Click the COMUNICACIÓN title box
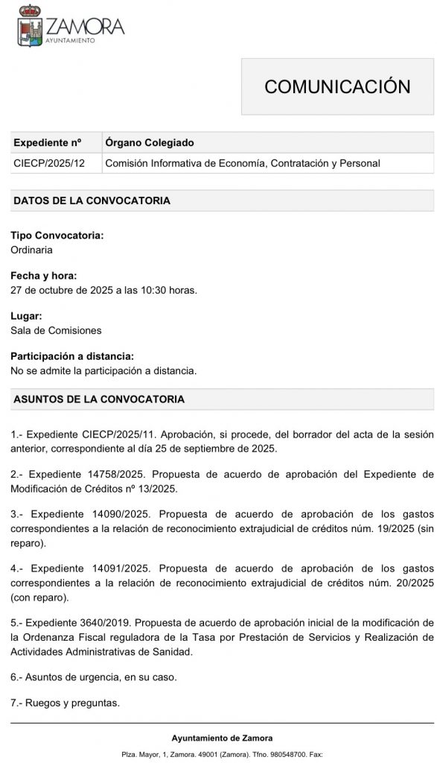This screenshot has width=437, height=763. click(337, 86)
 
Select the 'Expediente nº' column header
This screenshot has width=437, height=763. click(48, 142)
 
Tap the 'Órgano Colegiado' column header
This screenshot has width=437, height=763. click(149, 142)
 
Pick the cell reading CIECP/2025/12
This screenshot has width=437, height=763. click(49, 163)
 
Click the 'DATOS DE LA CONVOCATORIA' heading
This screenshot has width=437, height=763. click(92, 201)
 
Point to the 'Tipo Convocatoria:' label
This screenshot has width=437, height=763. click(57, 235)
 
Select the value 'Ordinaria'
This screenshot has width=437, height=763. click(31, 250)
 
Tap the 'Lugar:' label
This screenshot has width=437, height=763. click(27, 316)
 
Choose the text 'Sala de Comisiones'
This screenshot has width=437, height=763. click(56, 330)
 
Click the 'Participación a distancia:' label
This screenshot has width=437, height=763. click(72, 356)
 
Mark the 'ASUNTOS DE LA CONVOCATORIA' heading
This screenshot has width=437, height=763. click(99, 399)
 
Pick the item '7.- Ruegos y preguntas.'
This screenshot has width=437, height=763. click(65, 703)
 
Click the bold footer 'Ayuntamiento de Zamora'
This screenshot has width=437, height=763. click(223, 738)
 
